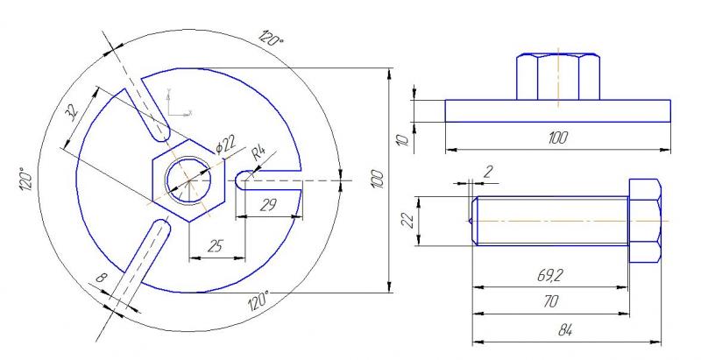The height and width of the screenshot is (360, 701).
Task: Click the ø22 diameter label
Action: point(225,144)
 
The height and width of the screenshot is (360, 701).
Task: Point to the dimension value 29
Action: point(269,205)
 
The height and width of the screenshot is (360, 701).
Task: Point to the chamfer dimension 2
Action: point(488,171)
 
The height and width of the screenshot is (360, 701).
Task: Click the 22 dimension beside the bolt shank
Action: point(407,222)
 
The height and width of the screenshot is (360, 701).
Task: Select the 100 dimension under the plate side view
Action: point(557,138)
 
